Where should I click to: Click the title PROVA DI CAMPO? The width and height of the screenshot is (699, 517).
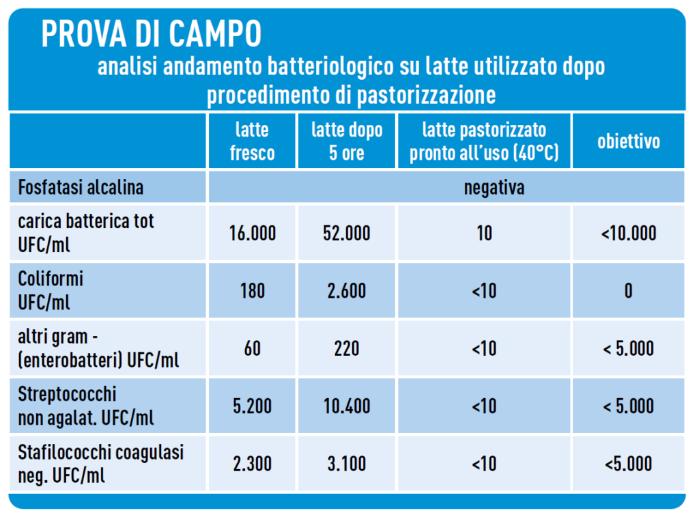151,33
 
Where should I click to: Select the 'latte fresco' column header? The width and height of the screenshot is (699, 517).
252,141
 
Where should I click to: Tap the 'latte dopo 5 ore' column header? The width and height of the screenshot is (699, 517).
347,141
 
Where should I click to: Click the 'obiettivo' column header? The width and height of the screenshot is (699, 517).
629,141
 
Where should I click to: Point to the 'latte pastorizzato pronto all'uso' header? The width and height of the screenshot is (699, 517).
484,141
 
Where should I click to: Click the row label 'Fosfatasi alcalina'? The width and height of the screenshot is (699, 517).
81,187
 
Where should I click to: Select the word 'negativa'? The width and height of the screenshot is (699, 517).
494,187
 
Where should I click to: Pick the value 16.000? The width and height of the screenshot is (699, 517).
253,234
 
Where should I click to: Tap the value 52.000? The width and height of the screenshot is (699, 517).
347,234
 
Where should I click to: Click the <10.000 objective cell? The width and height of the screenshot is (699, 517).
629,234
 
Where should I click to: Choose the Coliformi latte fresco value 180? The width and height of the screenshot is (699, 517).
253,291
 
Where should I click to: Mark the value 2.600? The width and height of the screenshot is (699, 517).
347,291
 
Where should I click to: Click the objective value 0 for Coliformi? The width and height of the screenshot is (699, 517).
628,291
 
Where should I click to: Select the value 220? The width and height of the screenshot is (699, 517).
347,348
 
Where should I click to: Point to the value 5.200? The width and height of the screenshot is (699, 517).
253,406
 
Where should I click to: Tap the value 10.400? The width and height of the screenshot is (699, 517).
347,406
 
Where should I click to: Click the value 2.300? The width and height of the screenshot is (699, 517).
253,464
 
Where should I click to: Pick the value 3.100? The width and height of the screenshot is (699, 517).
347,464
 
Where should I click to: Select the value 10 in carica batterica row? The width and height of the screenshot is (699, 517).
484,234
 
